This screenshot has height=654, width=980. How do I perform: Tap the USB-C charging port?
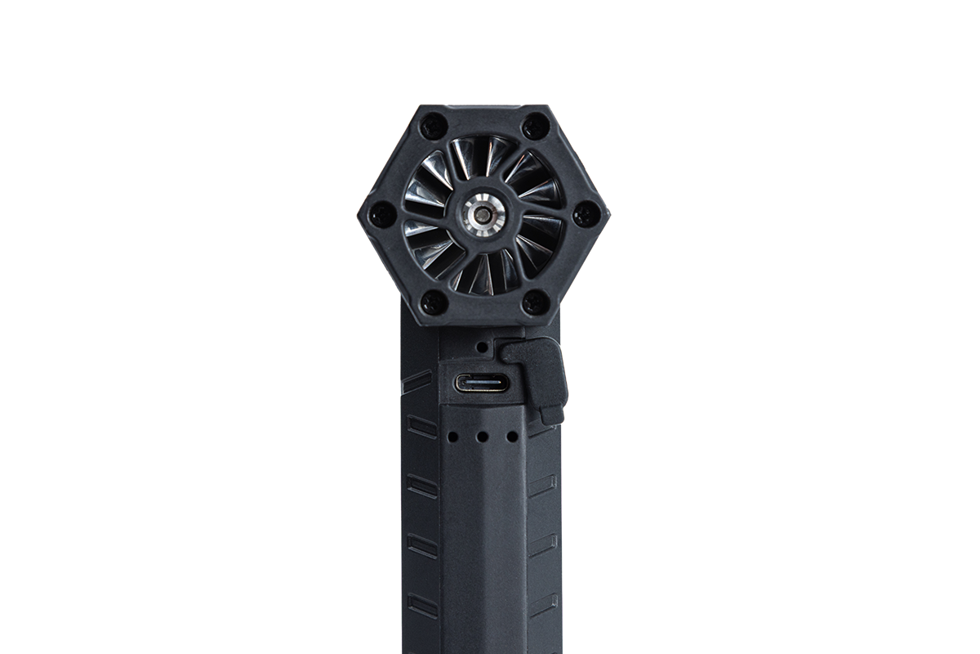[481, 383]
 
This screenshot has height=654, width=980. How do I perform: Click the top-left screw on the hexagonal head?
[433, 126]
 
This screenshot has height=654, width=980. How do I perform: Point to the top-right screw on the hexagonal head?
[535, 126]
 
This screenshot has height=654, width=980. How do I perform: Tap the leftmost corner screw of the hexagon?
[381, 214]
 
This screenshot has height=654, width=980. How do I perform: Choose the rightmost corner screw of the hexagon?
[586, 214]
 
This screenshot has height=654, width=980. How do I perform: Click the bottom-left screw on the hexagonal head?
[433, 302]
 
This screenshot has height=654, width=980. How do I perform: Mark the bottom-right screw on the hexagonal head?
[535, 302]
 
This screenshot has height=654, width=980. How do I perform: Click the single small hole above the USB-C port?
[482, 347]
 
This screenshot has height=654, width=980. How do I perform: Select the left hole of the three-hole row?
[452, 437]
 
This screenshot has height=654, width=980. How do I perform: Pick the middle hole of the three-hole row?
[482, 437]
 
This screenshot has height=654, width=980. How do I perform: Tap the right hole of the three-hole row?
[512, 437]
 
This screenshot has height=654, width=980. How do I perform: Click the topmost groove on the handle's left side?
[418, 380]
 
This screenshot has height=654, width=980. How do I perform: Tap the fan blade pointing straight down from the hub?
[482, 274]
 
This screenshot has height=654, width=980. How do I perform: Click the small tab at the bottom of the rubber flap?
[552, 416]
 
